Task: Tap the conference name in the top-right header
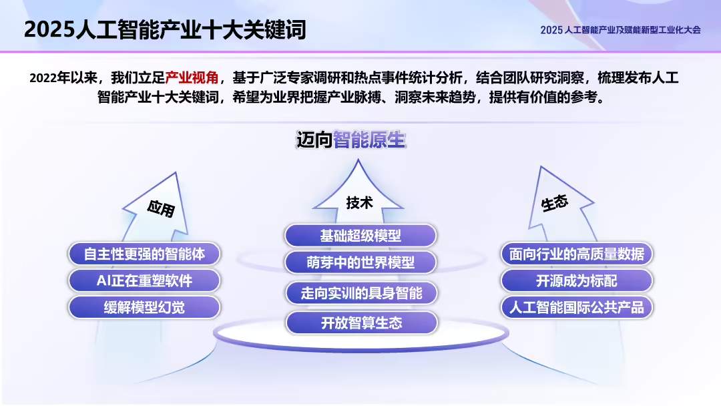click(620, 30)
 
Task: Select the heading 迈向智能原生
click(351, 140)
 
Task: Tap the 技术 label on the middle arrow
click(359, 203)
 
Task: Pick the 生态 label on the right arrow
click(555, 203)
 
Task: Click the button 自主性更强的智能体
click(144, 254)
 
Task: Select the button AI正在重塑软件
click(144, 280)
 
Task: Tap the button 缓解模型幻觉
click(144, 307)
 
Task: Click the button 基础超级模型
click(360, 236)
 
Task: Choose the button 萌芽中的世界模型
click(360, 262)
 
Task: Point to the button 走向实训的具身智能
click(360, 293)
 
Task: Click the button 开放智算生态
click(361, 323)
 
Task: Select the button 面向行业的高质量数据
click(576, 254)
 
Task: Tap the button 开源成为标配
click(576, 280)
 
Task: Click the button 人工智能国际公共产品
click(576, 308)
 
